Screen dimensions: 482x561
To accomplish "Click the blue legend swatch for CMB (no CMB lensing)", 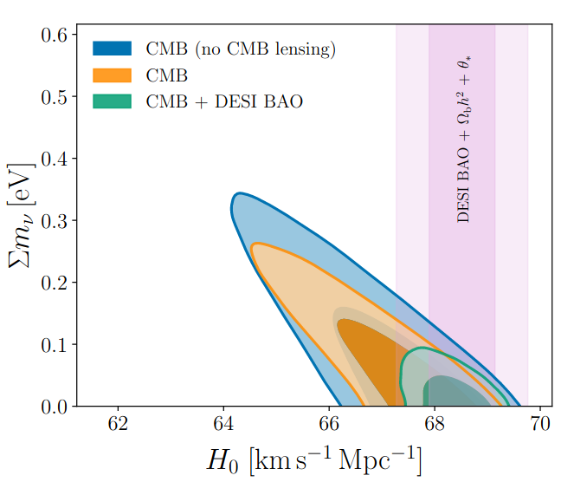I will pyautogui.click(x=112, y=48).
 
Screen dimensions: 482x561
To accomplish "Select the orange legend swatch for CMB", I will pyautogui.click(x=112, y=75).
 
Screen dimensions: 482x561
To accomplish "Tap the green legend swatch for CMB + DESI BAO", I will pyautogui.click(x=112, y=101).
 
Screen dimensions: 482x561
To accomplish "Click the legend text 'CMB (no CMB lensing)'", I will pyautogui.click(x=241, y=49).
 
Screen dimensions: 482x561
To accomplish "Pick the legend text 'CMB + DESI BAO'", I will pyautogui.click(x=224, y=101).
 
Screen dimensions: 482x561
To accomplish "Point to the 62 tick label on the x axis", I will pyautogui.click(x=118, y=426).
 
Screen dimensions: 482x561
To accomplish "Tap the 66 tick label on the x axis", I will pyautogui.click(x=329, y=426).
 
